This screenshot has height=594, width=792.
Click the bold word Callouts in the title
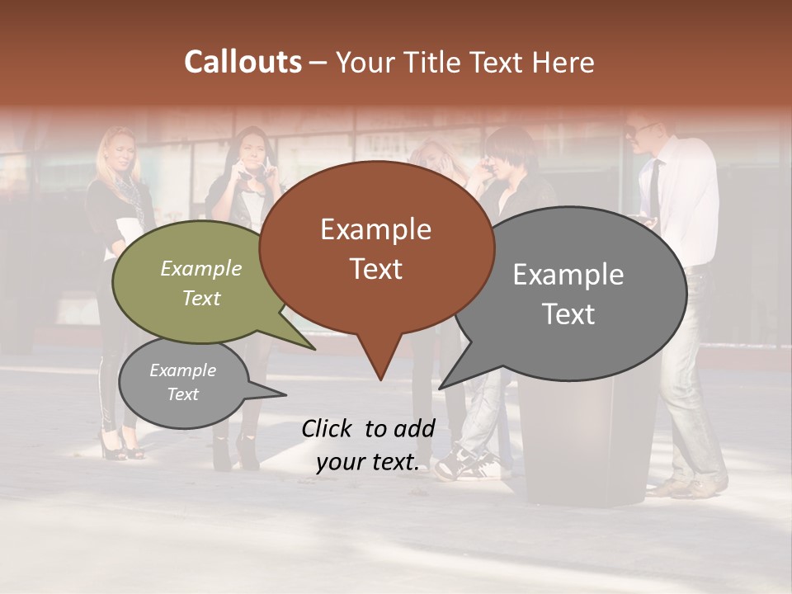pyautogui.click(x=243, y=62)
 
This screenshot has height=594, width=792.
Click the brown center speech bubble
pyautogui.click(x=376, y=247)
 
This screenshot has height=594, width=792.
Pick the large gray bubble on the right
pyautogui.click(x=577, y=293)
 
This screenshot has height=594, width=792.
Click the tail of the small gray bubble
pyautogui.click(x=280, y=394)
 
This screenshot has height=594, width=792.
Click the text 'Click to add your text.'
pyautogui.click(x=368, y=445)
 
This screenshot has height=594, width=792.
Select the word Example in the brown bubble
pyautogui.click(x=376, y=229)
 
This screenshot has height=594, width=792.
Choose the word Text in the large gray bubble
pyautogui.click(x=568, y=314)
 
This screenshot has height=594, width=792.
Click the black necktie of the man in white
pyautogui.click(x=654, y=186)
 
